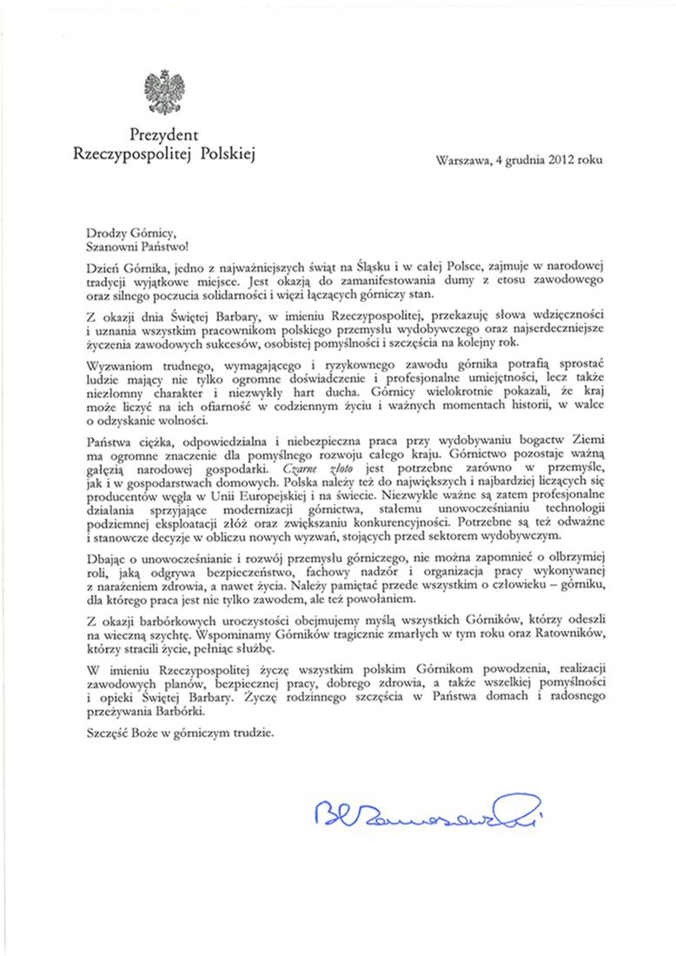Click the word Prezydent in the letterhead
164,136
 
